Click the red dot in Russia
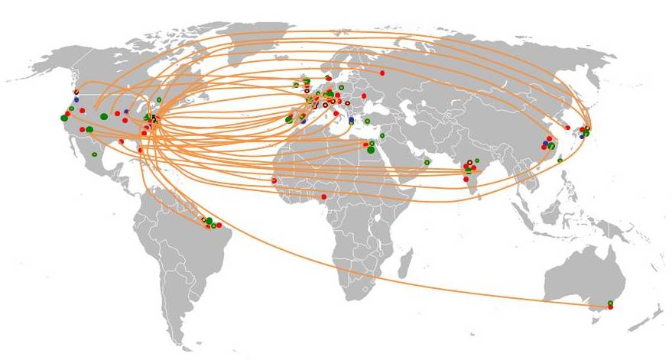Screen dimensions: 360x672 pyautogui.click(x=382, y=73)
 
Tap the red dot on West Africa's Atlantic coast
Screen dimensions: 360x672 pyautogui.click(x=274, y=180)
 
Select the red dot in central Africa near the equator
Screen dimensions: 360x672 pyautogui.click(x=323, y=196)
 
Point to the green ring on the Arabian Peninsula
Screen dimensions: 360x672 pyautogui.click(x=427, y=162)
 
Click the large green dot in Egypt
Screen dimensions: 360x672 pyautogui.click(x=371, y=150)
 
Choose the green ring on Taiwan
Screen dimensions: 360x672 pyautogui.click(x=560, y=159)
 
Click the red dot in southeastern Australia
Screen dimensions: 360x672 pyautogui.click(x=610, y=307)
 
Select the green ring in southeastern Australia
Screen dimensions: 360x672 pyautogui.click(x=610, y=303)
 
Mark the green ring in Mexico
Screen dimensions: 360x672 pyautogui.click(x=95, y=154)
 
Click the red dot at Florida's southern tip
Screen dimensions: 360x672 pyautogui.click(x=141, y=151)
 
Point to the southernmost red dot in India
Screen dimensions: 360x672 pyautogui.click(x=466, y=178)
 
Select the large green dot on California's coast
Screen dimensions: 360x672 pyautogui.click(x=64, y=118)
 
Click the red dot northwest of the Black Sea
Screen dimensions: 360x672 pyautogui.click(x=364, y=96)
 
